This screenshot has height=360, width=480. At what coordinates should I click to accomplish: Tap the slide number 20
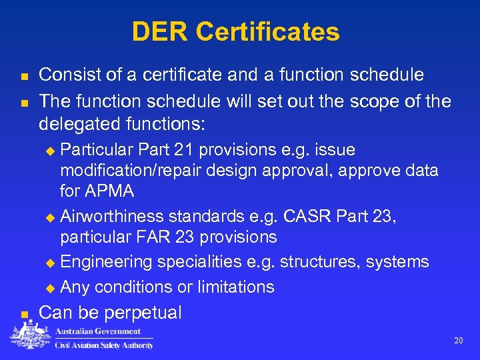(458, 340)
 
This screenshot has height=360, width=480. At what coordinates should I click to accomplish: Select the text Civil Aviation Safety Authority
(104, 345)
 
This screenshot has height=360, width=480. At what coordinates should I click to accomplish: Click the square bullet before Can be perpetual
(24, 314)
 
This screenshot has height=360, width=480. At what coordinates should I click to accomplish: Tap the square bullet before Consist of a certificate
(24, 77)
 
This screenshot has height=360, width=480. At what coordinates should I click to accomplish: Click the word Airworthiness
(111, 217)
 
